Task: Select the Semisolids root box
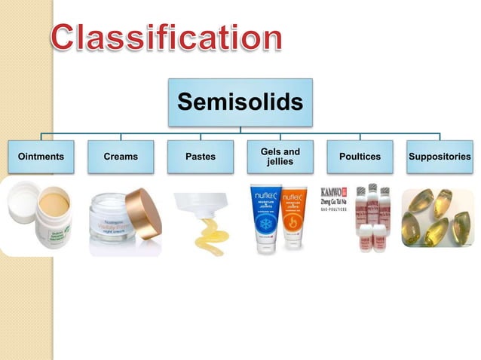[x=240, y=102]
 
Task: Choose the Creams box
[x=121, y=157]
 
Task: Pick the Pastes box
[x=200, y=157]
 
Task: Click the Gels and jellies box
[x=280, y=157]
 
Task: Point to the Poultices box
[x=360, y=157]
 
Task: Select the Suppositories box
[x=440, y=157]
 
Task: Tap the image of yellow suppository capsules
[x=437, y=218]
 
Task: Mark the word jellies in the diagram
[x=280, y=162]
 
